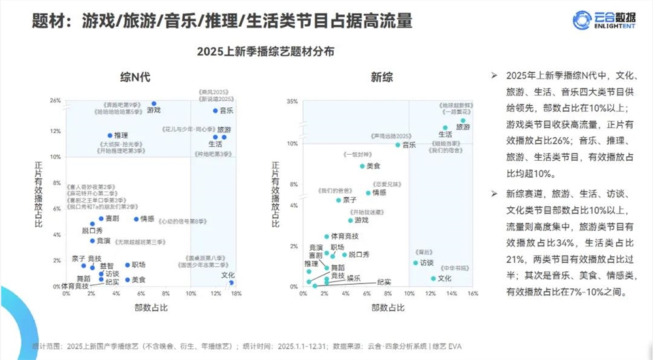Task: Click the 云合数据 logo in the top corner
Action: pos(600,19)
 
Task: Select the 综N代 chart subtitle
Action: pos(135,78)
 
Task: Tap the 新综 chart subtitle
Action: pos(382,78)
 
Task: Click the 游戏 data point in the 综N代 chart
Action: pos(154,104)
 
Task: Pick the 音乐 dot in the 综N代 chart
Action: pos(215,110)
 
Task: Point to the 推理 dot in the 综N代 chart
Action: pos(110,136)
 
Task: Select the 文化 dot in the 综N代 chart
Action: pos(231,282)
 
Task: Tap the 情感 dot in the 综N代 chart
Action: pos(136,220)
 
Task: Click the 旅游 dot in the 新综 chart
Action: pos(463,121)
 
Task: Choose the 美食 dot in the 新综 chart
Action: pos(362,166)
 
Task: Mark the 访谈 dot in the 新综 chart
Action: pos(415,263)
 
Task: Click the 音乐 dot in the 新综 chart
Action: pos(397,145)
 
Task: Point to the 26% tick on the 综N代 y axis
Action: pos(55,101)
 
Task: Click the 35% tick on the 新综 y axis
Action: pos(292,102)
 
